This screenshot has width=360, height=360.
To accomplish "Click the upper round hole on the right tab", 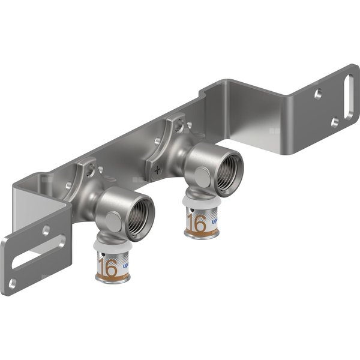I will (317, 94).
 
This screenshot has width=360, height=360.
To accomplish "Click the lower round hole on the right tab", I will (334, 122).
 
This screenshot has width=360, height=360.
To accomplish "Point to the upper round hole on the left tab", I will (46, 229).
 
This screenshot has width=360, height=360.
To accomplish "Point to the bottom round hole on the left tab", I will (13, 283).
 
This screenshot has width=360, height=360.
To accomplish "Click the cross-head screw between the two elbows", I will (158, 170).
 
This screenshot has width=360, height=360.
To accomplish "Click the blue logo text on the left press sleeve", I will (124, 262).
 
